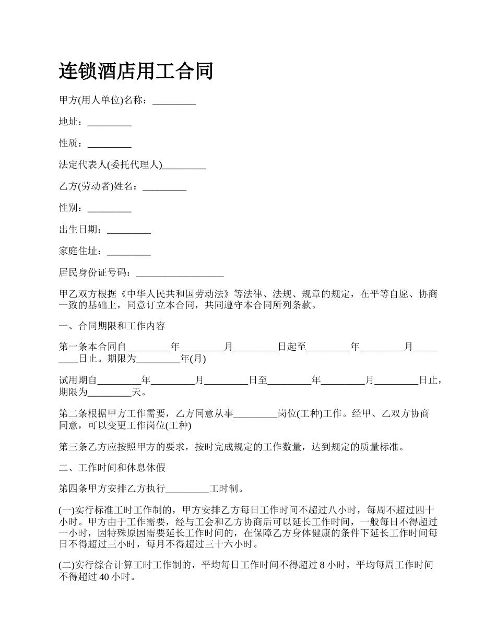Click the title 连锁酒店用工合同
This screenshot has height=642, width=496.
[x=136, y=71]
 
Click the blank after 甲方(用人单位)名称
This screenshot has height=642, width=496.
[x=174, y=101]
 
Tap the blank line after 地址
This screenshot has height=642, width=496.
[x=109, y=122]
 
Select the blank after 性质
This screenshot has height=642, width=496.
[x=109, y=144]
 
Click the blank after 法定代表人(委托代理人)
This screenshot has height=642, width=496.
[x=184, y=165]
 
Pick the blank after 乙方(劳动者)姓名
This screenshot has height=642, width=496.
[x=164, y=187]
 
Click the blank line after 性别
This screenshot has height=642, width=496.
[x=109, y=208]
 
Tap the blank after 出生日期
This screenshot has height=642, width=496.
[x=128, y=230]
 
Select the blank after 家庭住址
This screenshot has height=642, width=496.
[x=128, y=252]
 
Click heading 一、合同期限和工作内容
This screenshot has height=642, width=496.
[x=112, y=326]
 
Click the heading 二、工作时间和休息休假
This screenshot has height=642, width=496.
[x=112, y=468]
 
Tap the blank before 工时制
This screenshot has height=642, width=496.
[x=187, y=490]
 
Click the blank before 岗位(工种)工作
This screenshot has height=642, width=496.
[x=255, y=414]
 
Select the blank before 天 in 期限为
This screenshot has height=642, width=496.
[x=109, y=392]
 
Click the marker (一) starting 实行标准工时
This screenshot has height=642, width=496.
[x=67, y=511]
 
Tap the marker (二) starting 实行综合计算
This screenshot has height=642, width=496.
[x=67, y=565]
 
